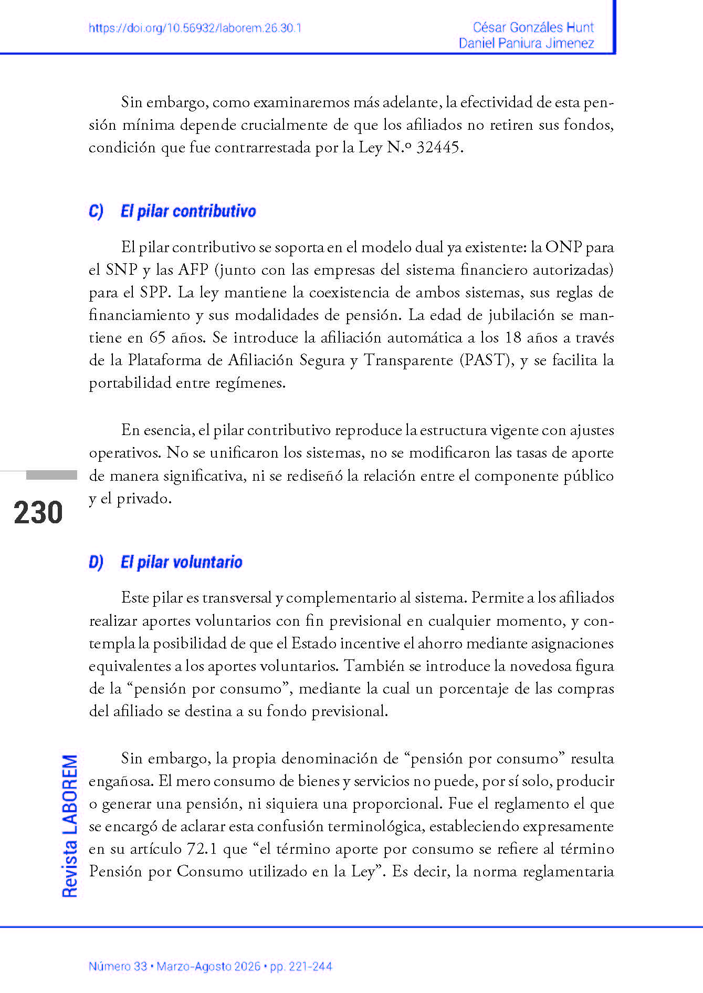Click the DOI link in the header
[x=195, y=28]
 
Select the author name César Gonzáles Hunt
[x=533, y=27]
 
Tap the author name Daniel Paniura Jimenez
[x=526, y=43]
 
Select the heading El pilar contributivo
[x=188, y=211]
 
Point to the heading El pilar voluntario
[x=181, y=562]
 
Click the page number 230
[x=38, y=513]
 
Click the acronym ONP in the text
[x=563, y=247]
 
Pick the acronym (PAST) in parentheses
[x=487, y=360]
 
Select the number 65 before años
[x=158, y=338]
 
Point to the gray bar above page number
[x=51, y=475]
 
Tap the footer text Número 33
[x=118, y=966]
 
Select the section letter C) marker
[x=96, y=211]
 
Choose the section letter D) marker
[x=96, y=562]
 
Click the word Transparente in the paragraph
[x=408, y=360]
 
